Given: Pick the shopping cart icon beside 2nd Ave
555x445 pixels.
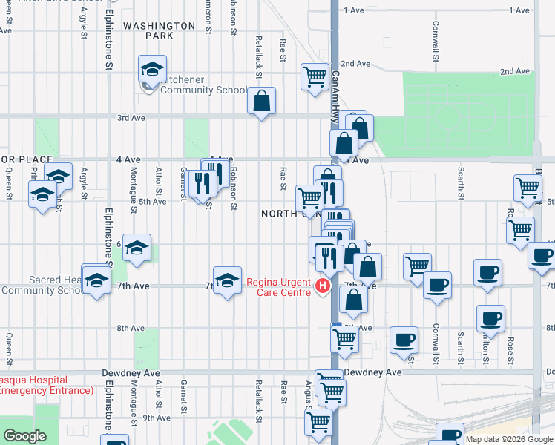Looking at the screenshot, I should (x=315, y=76).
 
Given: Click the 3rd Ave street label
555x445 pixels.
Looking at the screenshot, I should (x=131, y=118).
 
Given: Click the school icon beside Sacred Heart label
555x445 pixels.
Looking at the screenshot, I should (x=96, y=280).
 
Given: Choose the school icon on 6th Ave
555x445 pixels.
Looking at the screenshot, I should (x=137, y=248).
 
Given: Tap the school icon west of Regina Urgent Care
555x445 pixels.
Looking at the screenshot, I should (x=227, y=280).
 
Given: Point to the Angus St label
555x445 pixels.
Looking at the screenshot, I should (x=309, y=393).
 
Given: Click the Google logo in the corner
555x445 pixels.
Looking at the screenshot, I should (x=24, y=436).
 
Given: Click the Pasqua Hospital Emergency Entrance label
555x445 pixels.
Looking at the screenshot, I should (x=45, y=384).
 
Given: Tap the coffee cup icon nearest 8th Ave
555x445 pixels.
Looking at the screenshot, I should (x=404, y=340).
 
